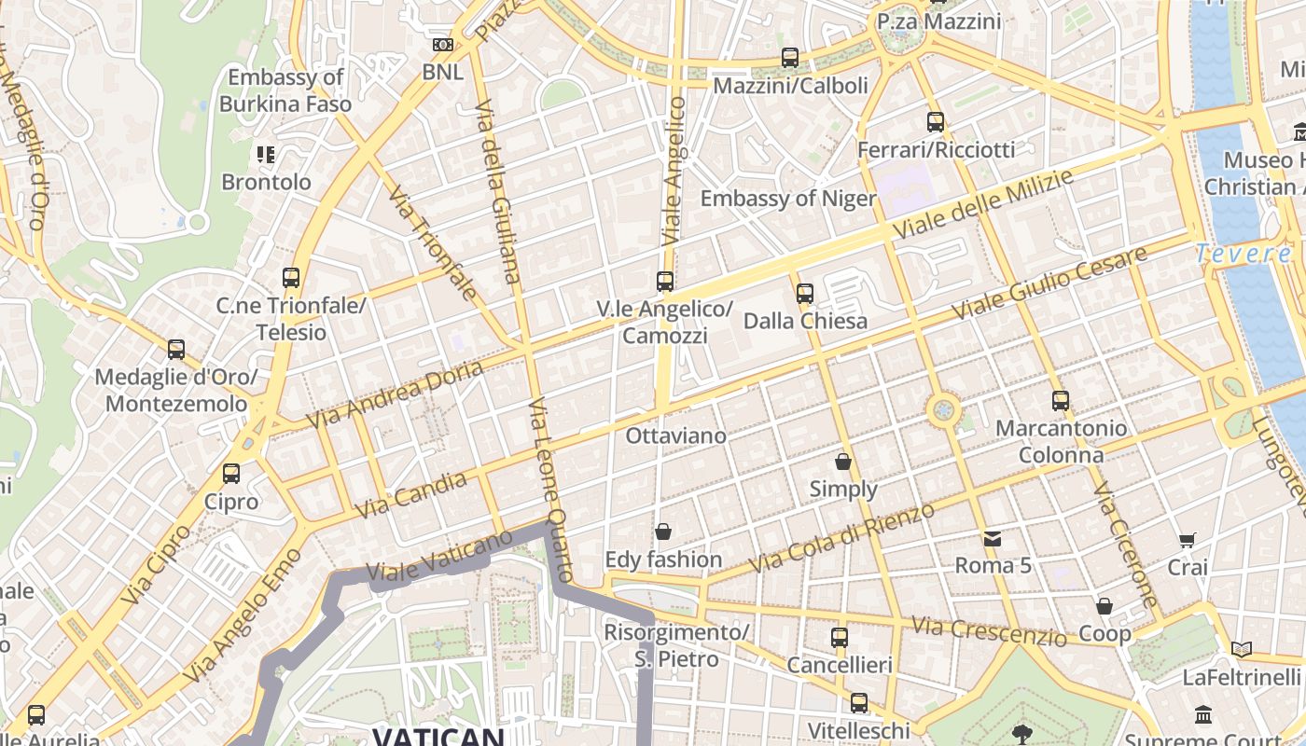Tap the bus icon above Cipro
231,474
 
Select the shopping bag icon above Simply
843,462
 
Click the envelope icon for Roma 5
992,538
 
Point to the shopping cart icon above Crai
1187,540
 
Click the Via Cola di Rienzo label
841,538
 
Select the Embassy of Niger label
788,199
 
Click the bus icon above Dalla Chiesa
805,294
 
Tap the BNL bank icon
443,45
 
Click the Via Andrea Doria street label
396,395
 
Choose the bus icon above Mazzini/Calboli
790,58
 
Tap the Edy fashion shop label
663,559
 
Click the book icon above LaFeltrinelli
1241,650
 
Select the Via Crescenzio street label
989,631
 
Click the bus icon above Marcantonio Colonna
1061,401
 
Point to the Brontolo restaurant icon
266,154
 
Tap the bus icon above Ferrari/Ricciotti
936,122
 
